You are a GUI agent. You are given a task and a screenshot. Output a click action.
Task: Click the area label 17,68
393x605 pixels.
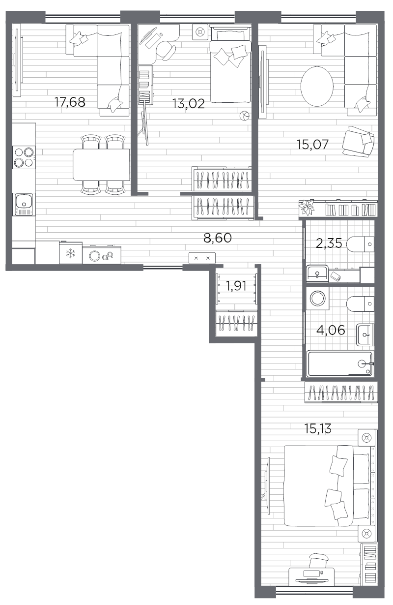click(x=70, y=102)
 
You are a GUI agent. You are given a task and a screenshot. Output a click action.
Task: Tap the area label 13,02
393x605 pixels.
click(x=189, y=104)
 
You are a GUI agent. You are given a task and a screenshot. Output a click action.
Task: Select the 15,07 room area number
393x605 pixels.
click(x=312, y=145)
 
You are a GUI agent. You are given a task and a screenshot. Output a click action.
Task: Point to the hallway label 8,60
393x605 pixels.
click(x=218, y=238)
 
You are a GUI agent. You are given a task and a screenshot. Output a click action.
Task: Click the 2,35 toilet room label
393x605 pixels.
click(x=329, y=243)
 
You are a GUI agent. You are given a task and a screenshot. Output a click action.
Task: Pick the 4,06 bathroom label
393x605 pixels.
click(x=331, y=330)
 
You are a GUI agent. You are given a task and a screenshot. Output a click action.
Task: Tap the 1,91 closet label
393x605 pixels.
click(x=236, y=286)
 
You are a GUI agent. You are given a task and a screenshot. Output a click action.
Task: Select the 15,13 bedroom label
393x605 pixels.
click(x=317, y=428)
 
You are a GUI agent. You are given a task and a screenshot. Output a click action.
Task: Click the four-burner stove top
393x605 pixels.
click(x=24, y=157)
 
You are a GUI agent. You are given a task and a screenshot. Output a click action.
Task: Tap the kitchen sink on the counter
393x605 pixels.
click(x=24, y=204)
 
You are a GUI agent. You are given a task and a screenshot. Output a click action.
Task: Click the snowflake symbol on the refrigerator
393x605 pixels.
click(x=71, y=253)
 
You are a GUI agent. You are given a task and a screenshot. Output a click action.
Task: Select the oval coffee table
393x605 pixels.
click(x=317, y=87)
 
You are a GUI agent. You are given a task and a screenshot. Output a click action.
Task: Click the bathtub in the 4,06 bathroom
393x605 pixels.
click(x=340, y=363)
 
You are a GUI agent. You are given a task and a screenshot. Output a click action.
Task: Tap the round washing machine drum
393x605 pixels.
click(x=317, y=298)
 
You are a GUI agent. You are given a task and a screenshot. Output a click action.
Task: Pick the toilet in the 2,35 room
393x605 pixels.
click(x=360, y=244)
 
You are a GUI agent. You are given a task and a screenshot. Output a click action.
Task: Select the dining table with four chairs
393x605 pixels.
click(x=101, y=164)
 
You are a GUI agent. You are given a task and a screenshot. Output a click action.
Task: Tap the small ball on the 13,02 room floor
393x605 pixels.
click(x=244, y=116)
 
